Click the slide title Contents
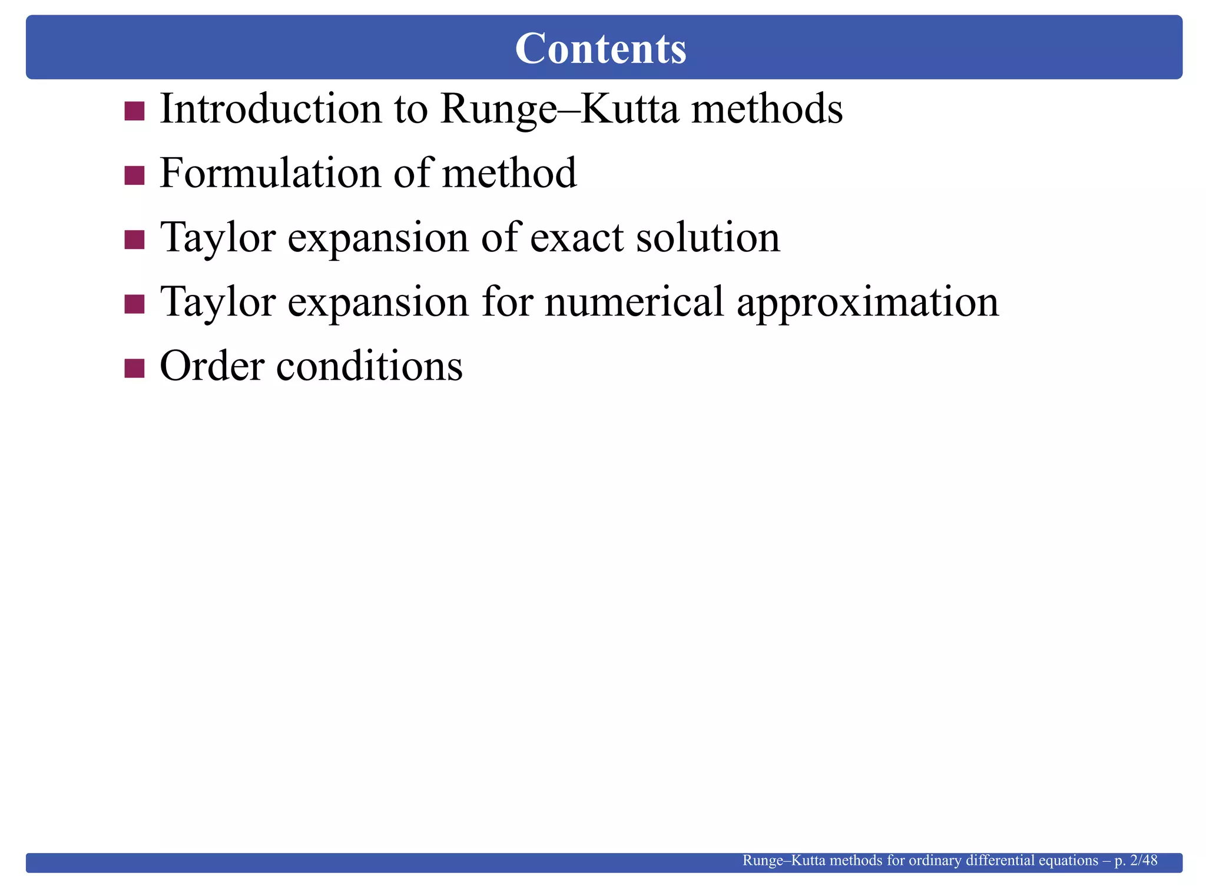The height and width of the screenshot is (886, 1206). (x=601, y=48)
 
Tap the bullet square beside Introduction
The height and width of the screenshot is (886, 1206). (x=135, y=111)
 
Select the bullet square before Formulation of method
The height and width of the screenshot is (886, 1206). (x=135, y=175)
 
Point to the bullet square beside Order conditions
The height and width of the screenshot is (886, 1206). (x=135, y=368)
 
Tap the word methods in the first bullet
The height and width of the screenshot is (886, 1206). (x=767, y=109)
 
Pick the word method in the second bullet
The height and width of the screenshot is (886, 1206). (x=509, y=174)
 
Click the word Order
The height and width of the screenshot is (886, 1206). (x=212, y=366)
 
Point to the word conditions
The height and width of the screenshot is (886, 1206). (x=369, y=366)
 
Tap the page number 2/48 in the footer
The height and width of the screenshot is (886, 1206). (x=1144, y=861)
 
